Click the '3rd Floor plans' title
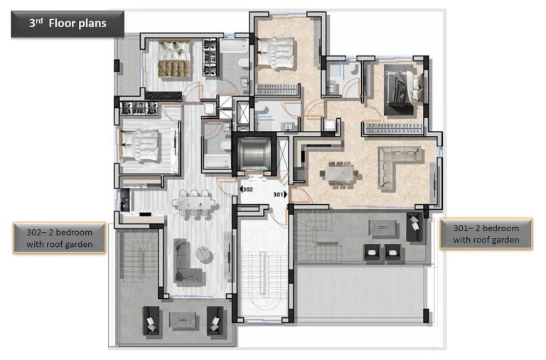pos(68,23)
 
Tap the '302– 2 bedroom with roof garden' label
pos(60,238)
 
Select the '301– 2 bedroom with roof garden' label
pos(486,233)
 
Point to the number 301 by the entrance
pos(279,194)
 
